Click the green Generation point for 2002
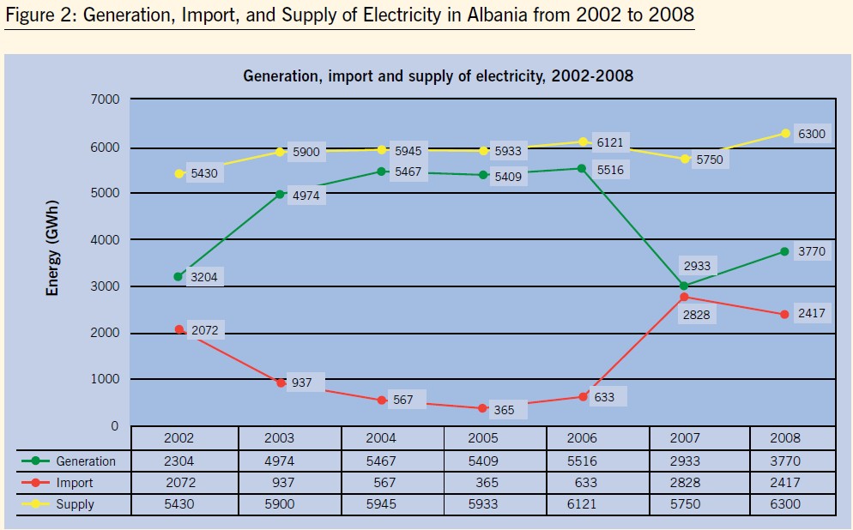178,276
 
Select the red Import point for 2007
684,297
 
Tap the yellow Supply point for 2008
785,133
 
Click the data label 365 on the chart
504,410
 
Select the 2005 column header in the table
482,438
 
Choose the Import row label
75,483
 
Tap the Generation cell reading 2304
180,461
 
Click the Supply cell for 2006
584,504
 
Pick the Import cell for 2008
785,483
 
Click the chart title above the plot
438,75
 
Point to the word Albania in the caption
499,15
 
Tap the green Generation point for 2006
582,169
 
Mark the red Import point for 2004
381,400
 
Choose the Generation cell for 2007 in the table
684,461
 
